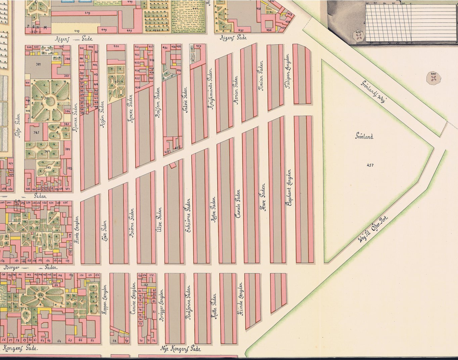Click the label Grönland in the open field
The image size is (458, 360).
click(x=364, y=137)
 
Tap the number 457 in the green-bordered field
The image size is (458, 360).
click(x=370, y=165)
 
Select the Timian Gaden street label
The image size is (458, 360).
click(x=261, y=76)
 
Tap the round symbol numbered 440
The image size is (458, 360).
click(x=433, y=78)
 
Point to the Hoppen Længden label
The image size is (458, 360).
click(x=104, y=300)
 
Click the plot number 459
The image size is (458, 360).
click(x=198, y=46)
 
